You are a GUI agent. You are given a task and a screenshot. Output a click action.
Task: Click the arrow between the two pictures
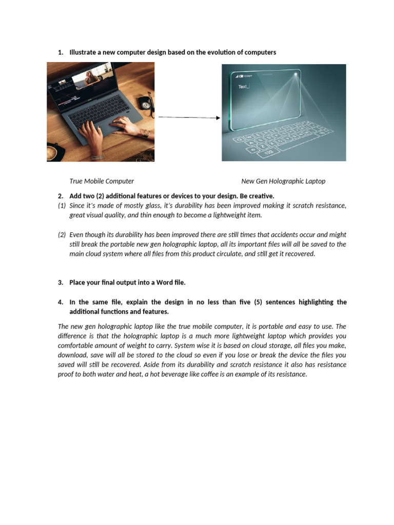pos(189,117)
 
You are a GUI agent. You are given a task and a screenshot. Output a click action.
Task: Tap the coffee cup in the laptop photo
pos(52,153)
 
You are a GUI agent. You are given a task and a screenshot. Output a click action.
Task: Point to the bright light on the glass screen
pos(295,76)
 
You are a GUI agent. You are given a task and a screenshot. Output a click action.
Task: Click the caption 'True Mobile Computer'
pos(102,181)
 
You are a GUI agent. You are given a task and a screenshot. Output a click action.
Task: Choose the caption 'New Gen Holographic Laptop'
pos(283,181)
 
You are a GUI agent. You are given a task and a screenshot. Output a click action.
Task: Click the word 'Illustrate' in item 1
pos(83,52)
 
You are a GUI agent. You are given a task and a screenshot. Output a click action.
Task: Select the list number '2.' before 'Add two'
pos(61,196)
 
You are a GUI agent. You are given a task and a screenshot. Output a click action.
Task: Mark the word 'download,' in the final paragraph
pos(73,355)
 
